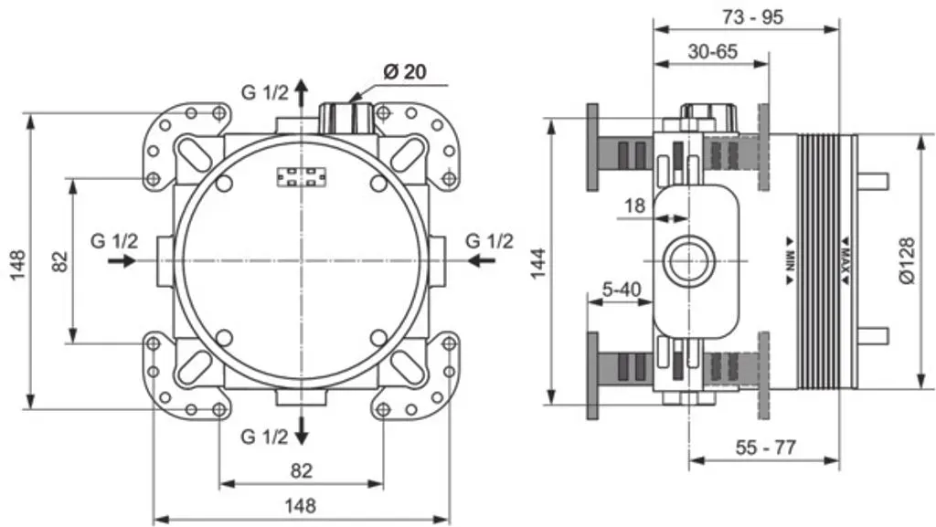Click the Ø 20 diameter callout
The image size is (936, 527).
point(405,71)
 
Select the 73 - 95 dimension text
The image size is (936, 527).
point(752,16)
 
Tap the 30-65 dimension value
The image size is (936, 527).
point(713,52)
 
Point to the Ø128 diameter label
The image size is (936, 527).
point(906,260)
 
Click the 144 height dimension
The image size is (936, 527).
point(538,263)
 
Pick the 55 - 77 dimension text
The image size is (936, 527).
point(765,448)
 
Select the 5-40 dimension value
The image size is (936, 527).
point(621,290)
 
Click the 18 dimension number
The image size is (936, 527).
point(634,206)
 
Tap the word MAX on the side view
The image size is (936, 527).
point(846,260)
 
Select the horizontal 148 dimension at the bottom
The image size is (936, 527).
point(300,506)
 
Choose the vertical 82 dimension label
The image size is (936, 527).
point(59,262)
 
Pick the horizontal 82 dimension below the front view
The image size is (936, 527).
point(302,471)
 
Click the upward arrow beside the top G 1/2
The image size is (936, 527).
point(302,92)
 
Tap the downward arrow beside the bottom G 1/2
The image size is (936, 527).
point(302,430)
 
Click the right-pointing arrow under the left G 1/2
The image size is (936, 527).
point(122,260)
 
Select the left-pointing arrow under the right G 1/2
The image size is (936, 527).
point(481,260)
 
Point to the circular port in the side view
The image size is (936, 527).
point(687,261)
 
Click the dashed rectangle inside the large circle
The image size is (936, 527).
point(302,176)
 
